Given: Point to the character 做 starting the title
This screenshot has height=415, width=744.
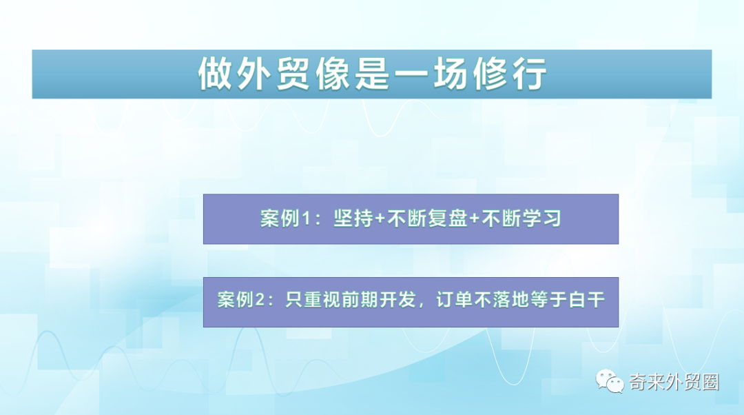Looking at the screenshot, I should coord(214,73).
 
